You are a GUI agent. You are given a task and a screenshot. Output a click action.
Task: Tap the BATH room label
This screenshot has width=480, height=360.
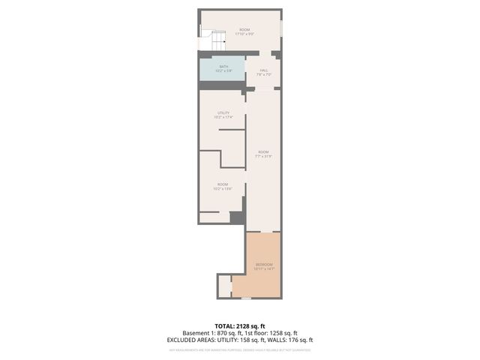(x=223, y=66)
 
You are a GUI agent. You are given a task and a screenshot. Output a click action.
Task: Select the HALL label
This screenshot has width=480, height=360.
(x=264, y=70)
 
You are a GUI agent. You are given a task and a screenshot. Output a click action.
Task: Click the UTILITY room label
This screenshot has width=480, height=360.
(x=223, y=112)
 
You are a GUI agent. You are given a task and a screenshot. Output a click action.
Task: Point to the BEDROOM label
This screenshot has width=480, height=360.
(x=265, y=265)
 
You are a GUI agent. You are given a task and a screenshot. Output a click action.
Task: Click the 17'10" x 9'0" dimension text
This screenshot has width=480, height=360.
(x=244, y=34)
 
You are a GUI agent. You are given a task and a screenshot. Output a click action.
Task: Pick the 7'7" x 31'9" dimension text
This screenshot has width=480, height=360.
(x=263, y=156)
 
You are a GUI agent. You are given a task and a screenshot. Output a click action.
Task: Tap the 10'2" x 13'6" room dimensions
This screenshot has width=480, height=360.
(x=223, y=188)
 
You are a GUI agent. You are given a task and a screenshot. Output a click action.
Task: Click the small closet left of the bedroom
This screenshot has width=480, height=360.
(x=223, y=286)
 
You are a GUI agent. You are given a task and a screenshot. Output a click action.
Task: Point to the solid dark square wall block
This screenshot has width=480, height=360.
(x=236, y=218)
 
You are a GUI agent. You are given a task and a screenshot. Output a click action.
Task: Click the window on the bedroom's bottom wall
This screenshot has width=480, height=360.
(x=246, y=298)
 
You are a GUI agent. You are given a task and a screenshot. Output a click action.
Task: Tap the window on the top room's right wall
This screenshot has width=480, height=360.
(x=282, y=28)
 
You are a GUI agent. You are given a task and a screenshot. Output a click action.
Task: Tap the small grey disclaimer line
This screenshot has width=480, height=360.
(x=239, y=349)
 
